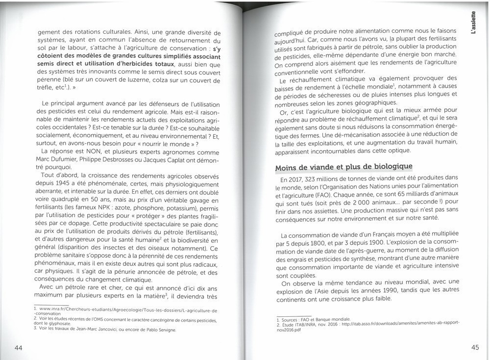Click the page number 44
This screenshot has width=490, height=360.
[x=19, y=348]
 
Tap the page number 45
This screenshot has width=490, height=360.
[x=475, y=348]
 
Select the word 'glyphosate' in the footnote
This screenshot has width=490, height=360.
[x=59, y=323]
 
